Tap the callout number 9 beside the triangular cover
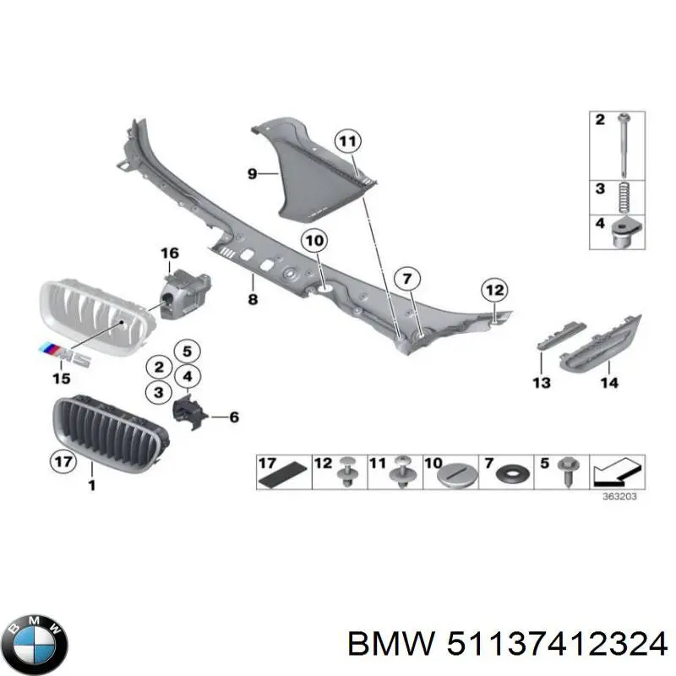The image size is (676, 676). coord(252,173)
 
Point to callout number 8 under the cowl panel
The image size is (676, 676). coord(252,299)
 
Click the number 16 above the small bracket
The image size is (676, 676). coord(169,253)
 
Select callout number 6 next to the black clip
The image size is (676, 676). coord(233,417)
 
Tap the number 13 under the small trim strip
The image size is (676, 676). coord(542,383)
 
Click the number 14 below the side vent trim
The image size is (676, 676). coord(608,383)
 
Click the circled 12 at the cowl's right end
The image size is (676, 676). coord(493,290)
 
